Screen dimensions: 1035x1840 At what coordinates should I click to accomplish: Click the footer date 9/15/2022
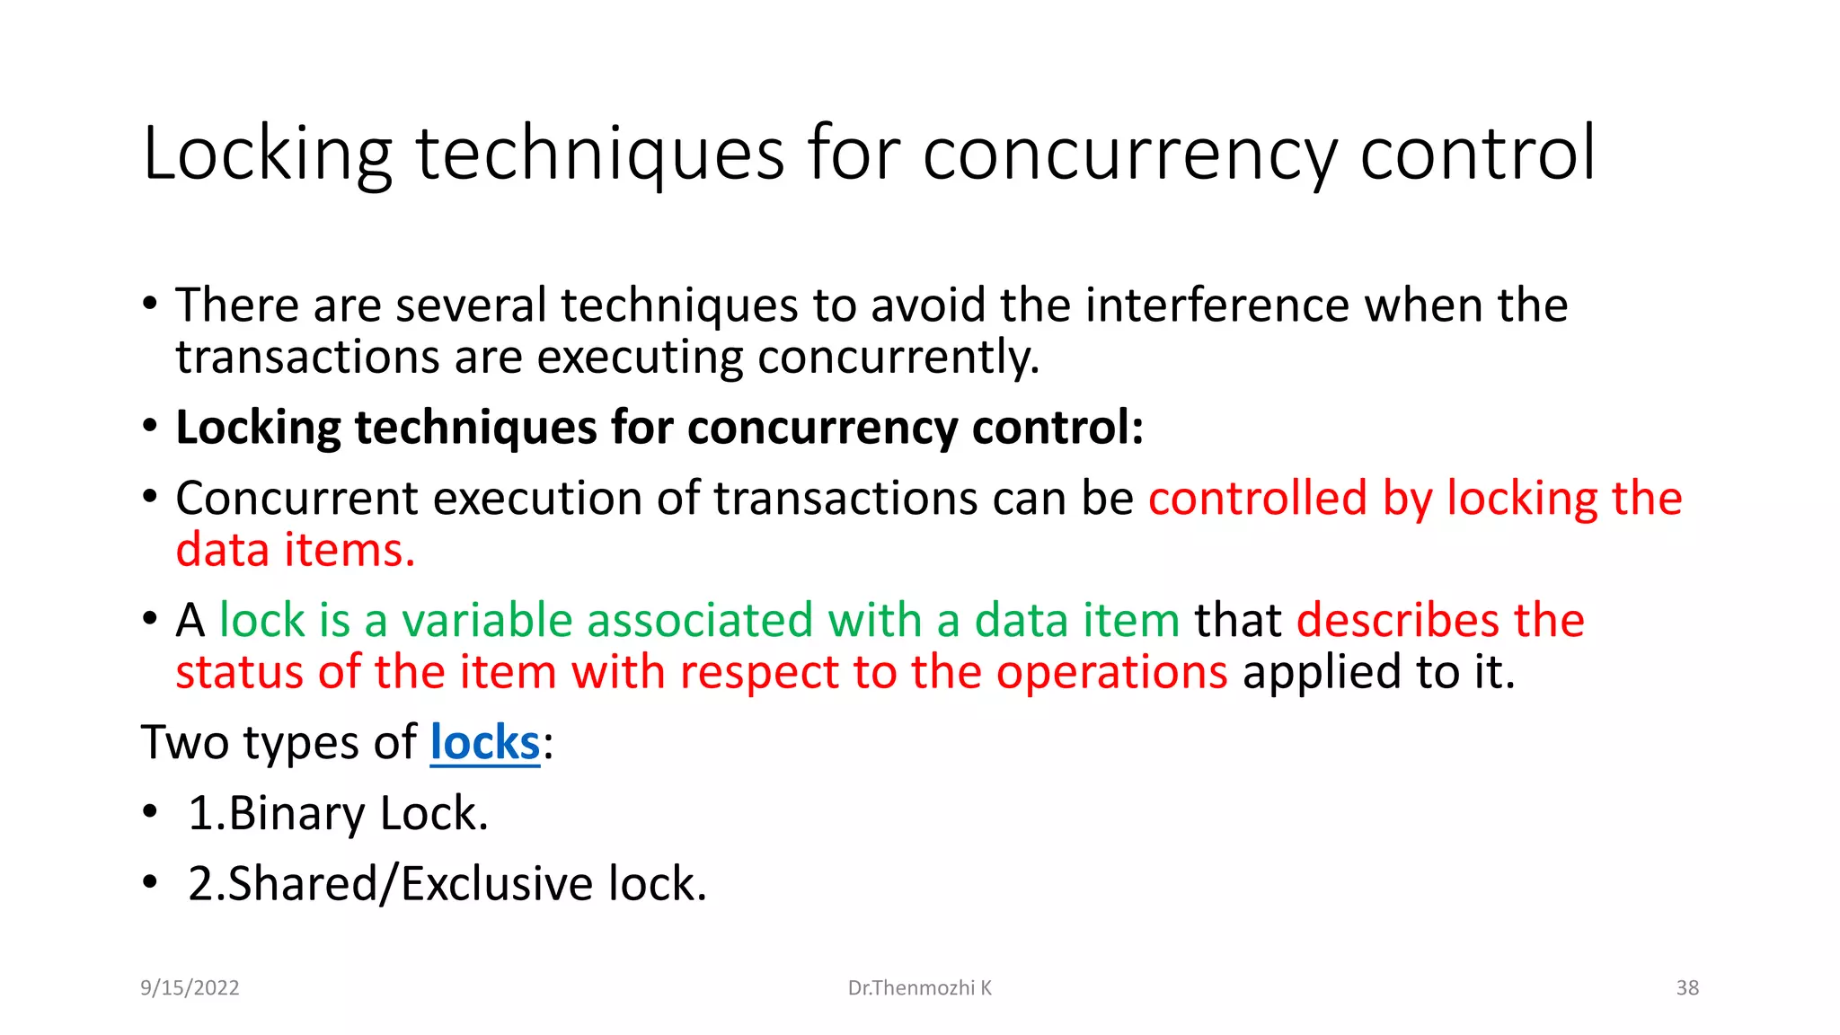tap(190, 988)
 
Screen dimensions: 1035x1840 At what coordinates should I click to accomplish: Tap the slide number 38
tap(1687, 988)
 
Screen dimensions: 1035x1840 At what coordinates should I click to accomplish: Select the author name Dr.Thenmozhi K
tap(919, 988)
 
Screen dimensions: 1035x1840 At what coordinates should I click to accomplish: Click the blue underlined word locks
tap(485, 743)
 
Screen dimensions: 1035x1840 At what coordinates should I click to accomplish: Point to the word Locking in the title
tap(268, 155)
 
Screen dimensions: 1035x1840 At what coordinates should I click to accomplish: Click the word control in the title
tap(1478, 155)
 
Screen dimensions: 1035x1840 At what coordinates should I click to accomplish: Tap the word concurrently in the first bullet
tap(898, 358)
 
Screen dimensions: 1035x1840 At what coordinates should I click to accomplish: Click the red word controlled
tap(1258, 499)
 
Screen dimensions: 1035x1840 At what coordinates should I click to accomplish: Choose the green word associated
tap(700, 621)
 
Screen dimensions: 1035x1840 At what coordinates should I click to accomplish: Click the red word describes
tap(1398, 621)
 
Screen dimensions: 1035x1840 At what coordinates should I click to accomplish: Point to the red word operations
tap(1111, 673)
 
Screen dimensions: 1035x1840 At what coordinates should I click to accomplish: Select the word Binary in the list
tap(297, 814)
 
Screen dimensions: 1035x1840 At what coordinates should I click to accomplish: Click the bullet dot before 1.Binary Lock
tap(150, 812)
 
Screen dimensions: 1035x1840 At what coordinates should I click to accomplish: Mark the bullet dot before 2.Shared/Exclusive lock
tap(150, 882)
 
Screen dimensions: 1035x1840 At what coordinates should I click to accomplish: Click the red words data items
tap(295, 551)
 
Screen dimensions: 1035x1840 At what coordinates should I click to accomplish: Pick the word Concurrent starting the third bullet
tap(297, 499)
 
